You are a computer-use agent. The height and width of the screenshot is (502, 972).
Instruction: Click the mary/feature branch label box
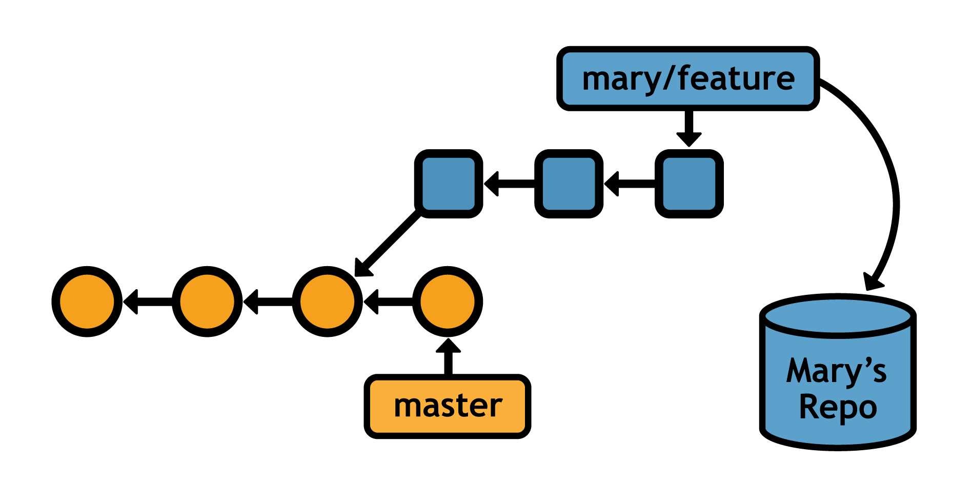tap(688, 78)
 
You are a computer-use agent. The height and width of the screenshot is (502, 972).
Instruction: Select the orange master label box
tap(447, 406)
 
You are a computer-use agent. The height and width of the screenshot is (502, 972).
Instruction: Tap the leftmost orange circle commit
tap(87, 302)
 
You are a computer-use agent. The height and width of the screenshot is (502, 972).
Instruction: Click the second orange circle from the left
tap(207, 302)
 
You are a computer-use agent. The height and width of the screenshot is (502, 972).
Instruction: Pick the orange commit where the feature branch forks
tap(327, 302)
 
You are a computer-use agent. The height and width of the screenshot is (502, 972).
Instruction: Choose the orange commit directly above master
tap(448, 302)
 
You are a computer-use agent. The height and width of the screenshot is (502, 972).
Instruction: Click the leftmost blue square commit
tap(449, 184)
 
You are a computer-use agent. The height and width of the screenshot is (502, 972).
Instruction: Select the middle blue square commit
tap(569, 184)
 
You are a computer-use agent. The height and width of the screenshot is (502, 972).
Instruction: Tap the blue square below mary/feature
tap(689, 184)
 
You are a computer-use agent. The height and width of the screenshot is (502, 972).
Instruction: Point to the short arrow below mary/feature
tap(688, 127)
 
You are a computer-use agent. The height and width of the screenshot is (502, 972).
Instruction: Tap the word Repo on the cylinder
tap(838, 408)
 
